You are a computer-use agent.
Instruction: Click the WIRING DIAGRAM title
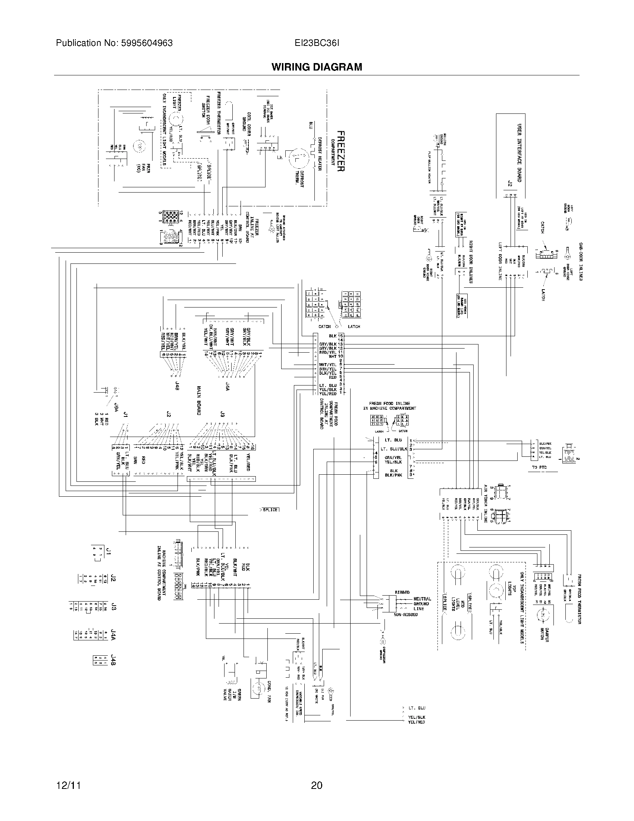click(x=317, y=67)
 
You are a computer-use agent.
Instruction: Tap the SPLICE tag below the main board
click(x=270, y=510)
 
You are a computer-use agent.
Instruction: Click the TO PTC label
click(x=539, y=467)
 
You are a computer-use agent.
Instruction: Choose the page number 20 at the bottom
click(x=317, y=785)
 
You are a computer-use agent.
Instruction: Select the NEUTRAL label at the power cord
click(x=422, y=599)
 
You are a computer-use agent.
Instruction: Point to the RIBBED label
click(x=402, y=592)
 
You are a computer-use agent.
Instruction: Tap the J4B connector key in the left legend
click(x=113, y=660)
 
